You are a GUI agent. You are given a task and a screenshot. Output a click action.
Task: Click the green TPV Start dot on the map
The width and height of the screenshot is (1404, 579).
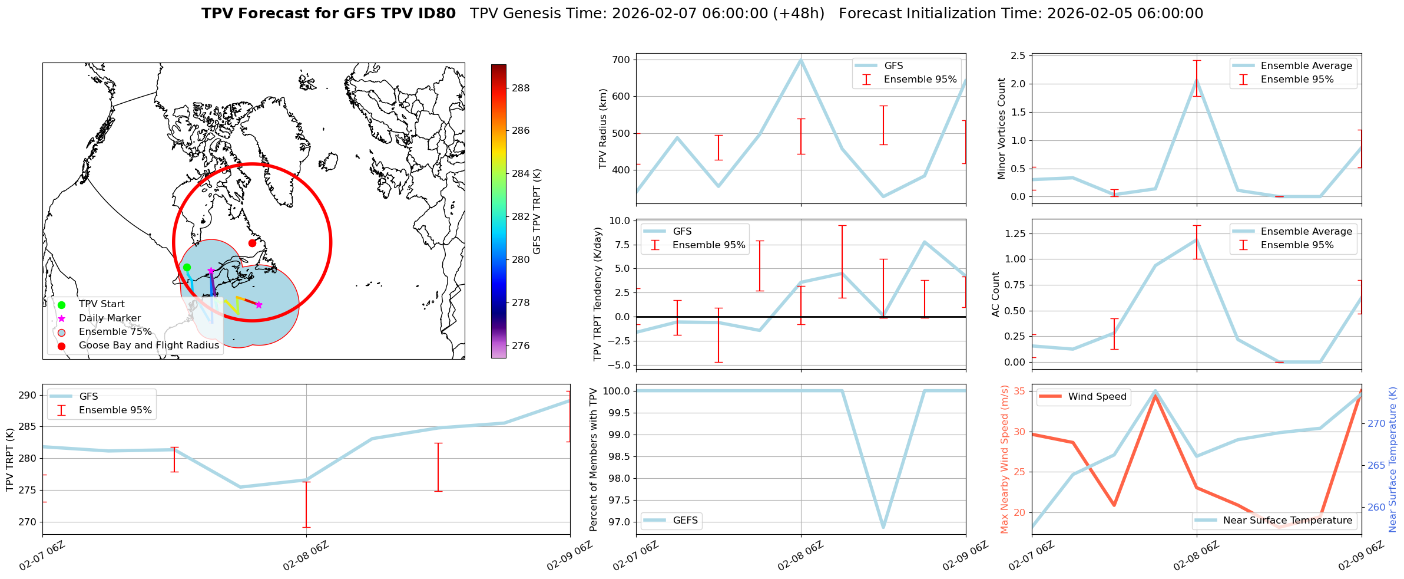[x=187, y=267]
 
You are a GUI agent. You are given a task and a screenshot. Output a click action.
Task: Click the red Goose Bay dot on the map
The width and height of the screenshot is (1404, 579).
[x=252, y=243]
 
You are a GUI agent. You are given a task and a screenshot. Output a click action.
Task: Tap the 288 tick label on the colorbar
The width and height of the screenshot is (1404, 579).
[x=521, y=88]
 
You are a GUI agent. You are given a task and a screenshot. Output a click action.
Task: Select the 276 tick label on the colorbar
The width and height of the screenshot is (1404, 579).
[x=521, y=346]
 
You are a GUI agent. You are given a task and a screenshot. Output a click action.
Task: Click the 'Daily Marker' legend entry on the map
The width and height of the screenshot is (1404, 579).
[x=110, y=318]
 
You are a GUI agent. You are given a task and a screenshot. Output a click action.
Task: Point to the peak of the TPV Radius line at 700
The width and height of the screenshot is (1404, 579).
[x=801, y=60]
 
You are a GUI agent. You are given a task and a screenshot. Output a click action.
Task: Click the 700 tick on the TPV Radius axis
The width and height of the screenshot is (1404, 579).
[x=622, y=60]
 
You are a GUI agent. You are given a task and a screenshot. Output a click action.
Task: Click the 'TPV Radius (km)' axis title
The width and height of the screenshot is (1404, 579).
[x=602, y=129]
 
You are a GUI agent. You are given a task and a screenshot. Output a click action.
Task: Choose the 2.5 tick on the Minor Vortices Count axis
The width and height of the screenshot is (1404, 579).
[x=1018, y=56]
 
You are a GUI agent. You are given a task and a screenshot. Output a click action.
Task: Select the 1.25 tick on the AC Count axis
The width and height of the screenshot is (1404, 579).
[x=1014, y=233]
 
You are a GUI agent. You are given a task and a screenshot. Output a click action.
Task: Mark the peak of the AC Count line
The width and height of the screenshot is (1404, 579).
[x=1197, y=239]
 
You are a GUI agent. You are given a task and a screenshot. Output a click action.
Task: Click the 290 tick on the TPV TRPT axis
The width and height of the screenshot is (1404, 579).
[x=28, y=396]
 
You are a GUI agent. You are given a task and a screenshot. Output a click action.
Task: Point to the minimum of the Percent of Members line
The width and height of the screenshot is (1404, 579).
[x=883, y=527]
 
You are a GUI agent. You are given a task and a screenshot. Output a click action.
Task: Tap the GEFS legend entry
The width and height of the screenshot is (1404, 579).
[x=685, y=521]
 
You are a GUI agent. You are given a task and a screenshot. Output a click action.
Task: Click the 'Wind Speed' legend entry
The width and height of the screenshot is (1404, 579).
[x=1097, y=397]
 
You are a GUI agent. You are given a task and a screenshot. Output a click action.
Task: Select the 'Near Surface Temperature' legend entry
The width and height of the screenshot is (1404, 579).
[x=1287, y=521]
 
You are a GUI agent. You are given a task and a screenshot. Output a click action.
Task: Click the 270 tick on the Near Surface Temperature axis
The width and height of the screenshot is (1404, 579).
[x=1376, y=423]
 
